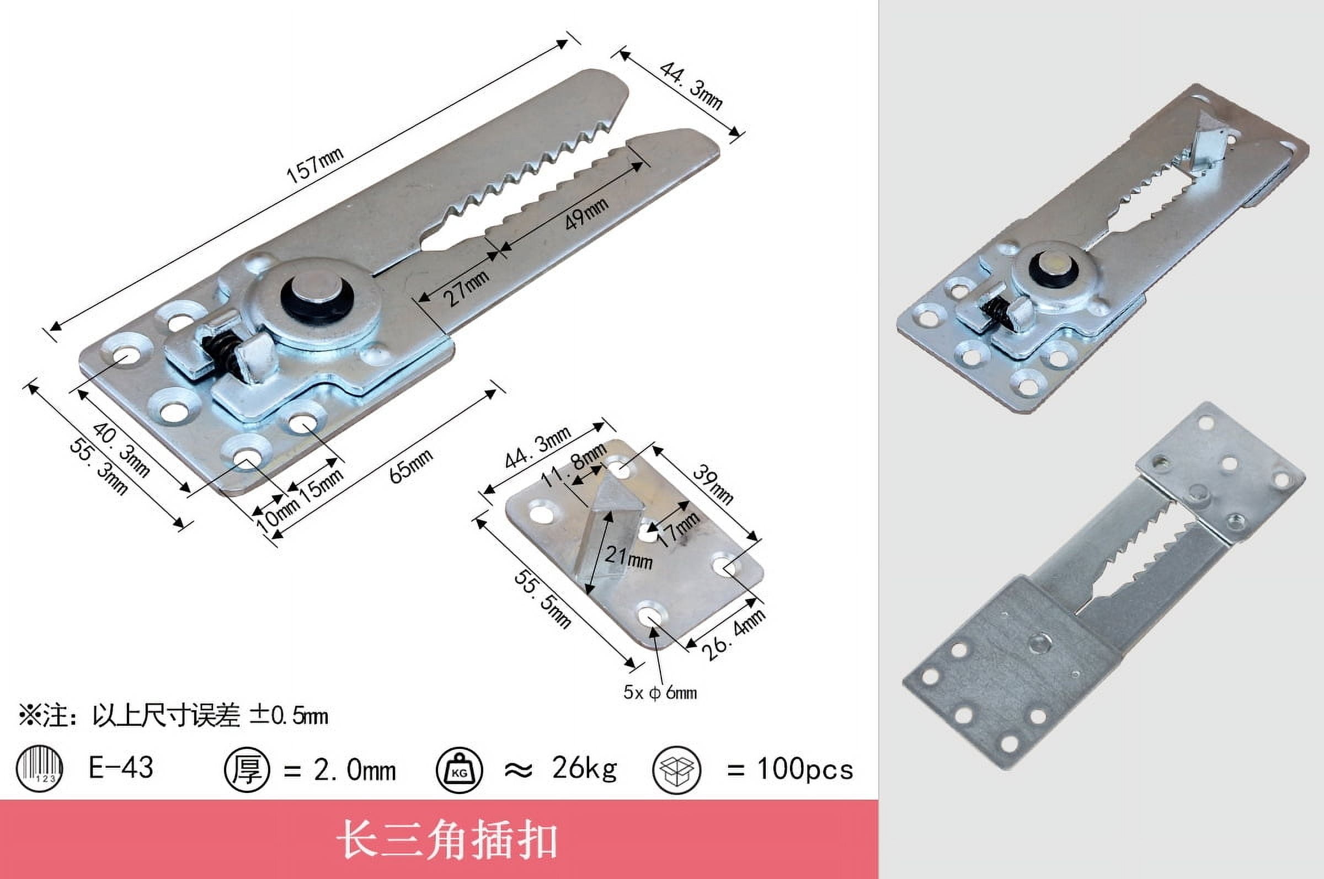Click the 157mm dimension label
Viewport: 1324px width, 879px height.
(314, 166)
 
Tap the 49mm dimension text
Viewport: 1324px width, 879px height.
(585, 213)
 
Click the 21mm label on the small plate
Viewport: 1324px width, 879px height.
(628, 558)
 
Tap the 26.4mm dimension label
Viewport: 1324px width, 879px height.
(734, 635)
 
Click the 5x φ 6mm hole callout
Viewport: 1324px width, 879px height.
(660, 693)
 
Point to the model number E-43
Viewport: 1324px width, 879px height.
(121, 768)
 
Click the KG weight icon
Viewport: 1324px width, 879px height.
(459, 770)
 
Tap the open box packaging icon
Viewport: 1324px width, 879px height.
(677, 770)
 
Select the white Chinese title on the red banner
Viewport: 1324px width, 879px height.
(447, 840)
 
